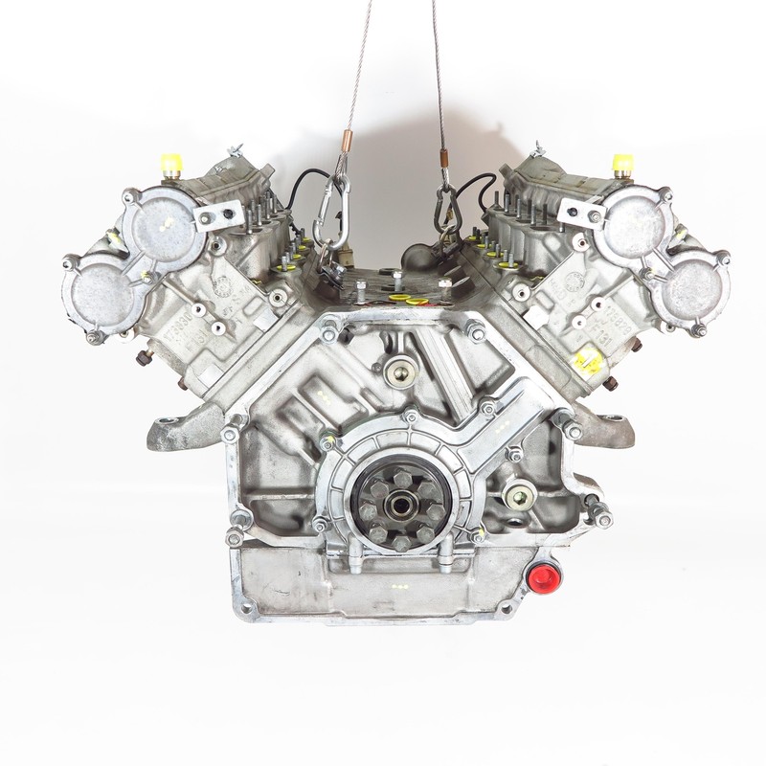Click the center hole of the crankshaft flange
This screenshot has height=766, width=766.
pyautogui.click(x=396, y=502)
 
